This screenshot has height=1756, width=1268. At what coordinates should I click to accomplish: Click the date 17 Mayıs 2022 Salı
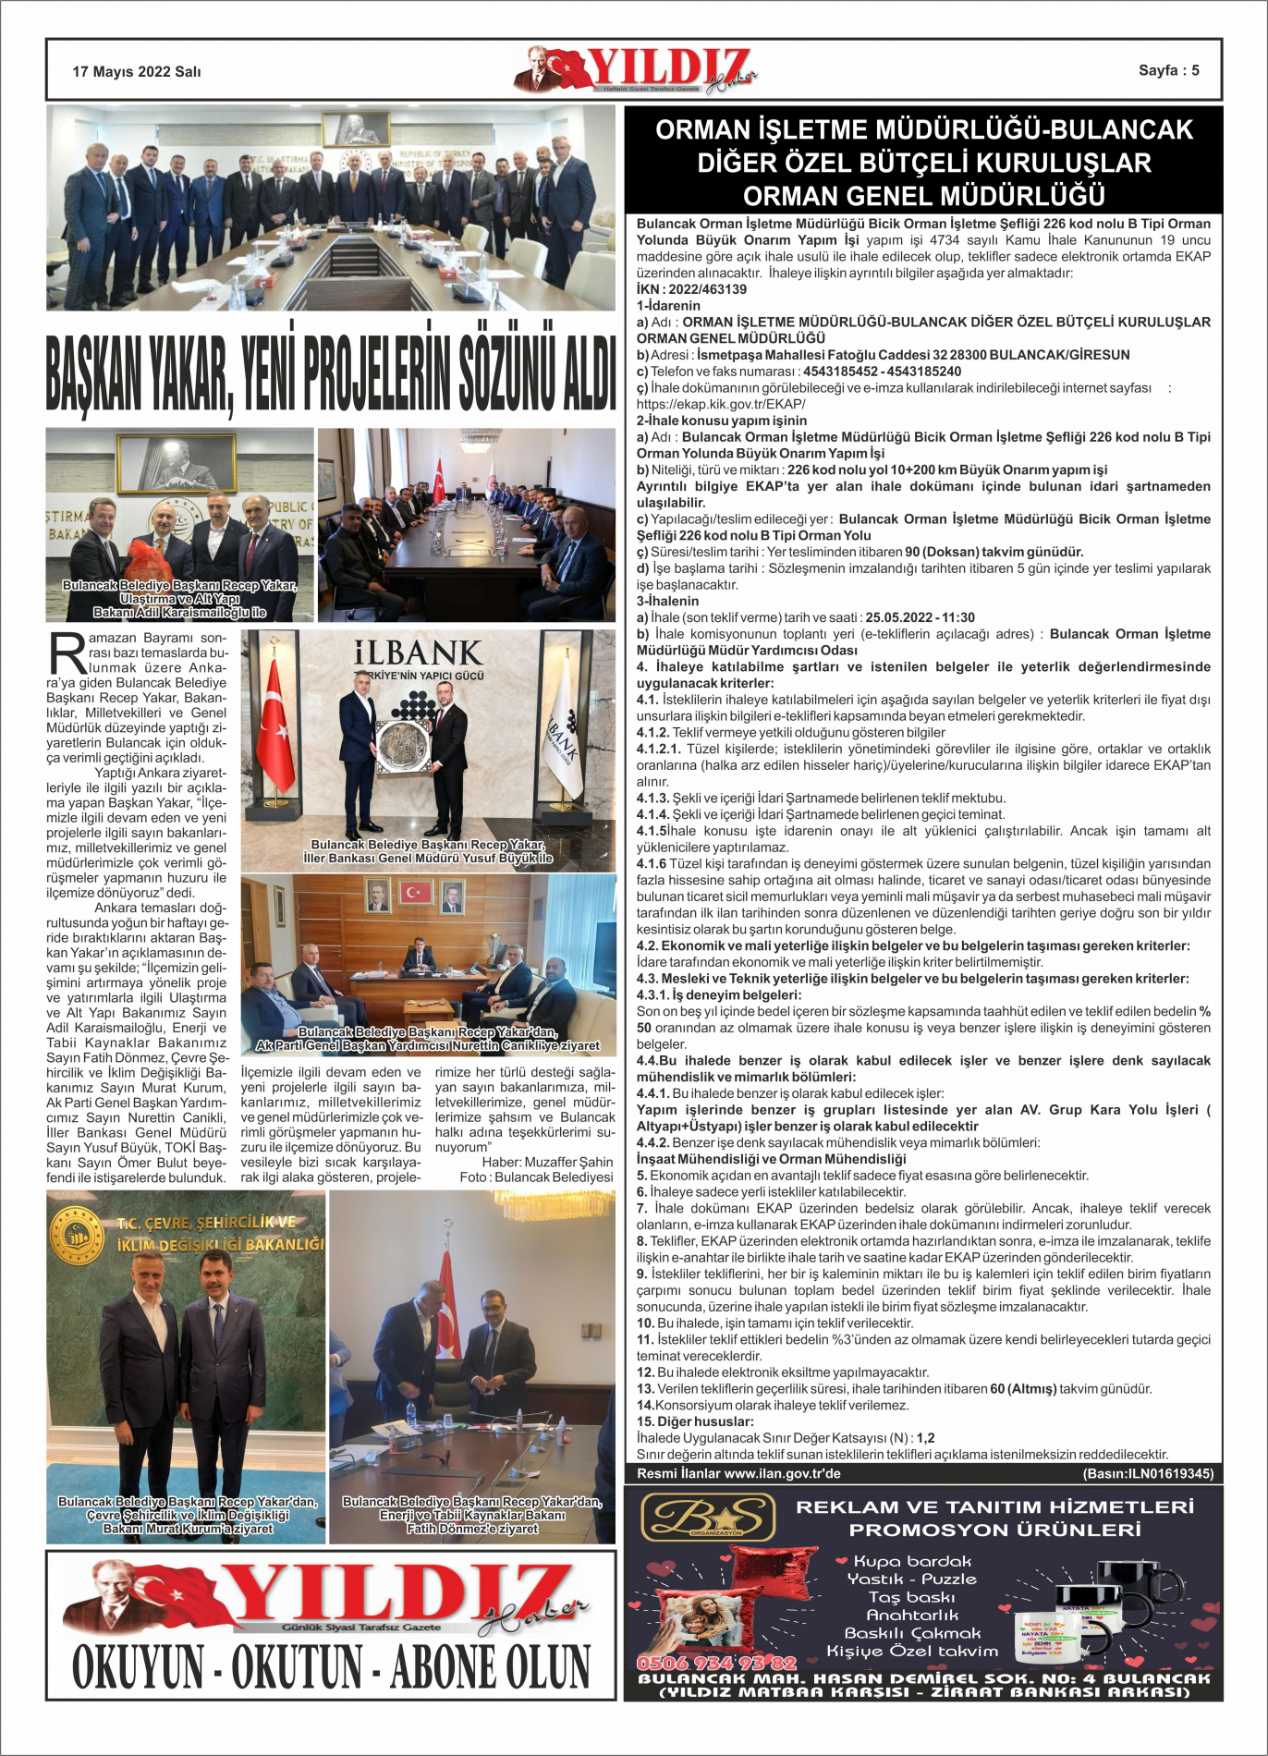137,72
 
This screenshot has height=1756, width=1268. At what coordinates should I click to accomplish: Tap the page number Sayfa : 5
1168,70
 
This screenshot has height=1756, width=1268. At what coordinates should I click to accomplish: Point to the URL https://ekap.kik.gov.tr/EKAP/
721,404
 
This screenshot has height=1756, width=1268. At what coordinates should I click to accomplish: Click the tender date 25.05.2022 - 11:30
920,617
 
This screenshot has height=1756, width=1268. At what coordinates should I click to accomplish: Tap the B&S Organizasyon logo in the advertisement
708,1518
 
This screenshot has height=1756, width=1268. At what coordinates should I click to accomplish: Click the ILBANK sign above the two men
419,653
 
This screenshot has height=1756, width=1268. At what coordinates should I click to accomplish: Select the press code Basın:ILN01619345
1148,1473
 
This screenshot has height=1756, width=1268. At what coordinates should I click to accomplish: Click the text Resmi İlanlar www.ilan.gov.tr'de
738,1473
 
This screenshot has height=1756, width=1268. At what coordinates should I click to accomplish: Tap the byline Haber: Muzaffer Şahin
547,1162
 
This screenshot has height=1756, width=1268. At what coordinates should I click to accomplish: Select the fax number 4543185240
923,372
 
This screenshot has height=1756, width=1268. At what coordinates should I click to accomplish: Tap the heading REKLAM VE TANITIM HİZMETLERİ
994,1507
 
